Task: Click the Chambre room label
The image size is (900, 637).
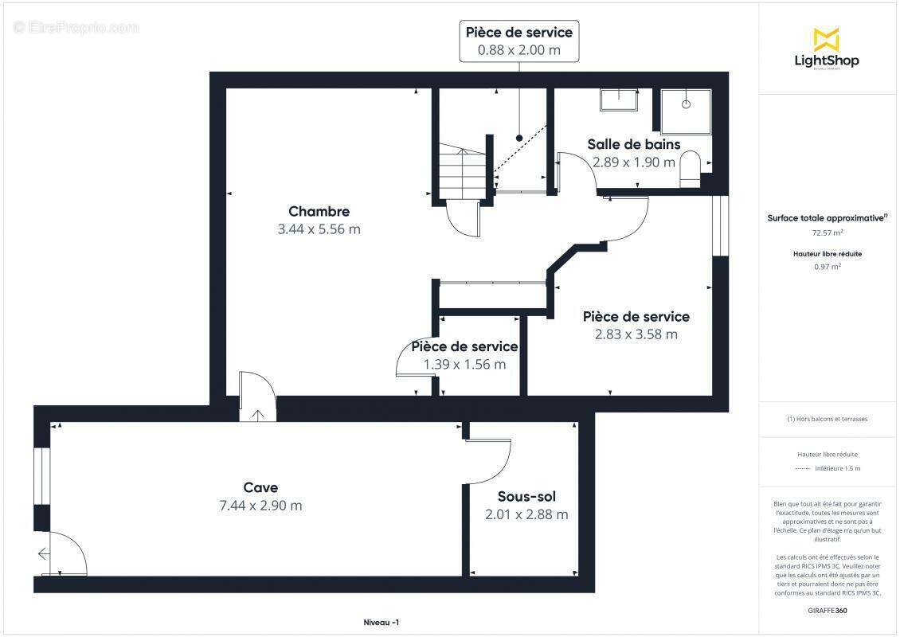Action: point(319,211)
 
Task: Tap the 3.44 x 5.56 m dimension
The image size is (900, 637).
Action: point(319,229)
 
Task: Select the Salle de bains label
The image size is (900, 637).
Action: point(634,144)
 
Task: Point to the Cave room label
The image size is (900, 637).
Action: point(260,487)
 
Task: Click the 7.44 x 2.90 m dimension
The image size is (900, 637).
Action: point(260,506)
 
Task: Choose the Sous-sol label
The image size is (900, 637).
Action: point(526,496)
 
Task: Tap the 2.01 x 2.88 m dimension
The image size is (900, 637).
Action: point(526,514)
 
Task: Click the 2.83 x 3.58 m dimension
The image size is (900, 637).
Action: point(636,334)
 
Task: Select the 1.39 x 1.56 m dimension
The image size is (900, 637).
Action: point(464,365)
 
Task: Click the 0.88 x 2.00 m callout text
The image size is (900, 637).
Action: point(518,49)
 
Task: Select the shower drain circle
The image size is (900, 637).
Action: point(685,104)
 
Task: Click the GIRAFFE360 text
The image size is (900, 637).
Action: point(826,610)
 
